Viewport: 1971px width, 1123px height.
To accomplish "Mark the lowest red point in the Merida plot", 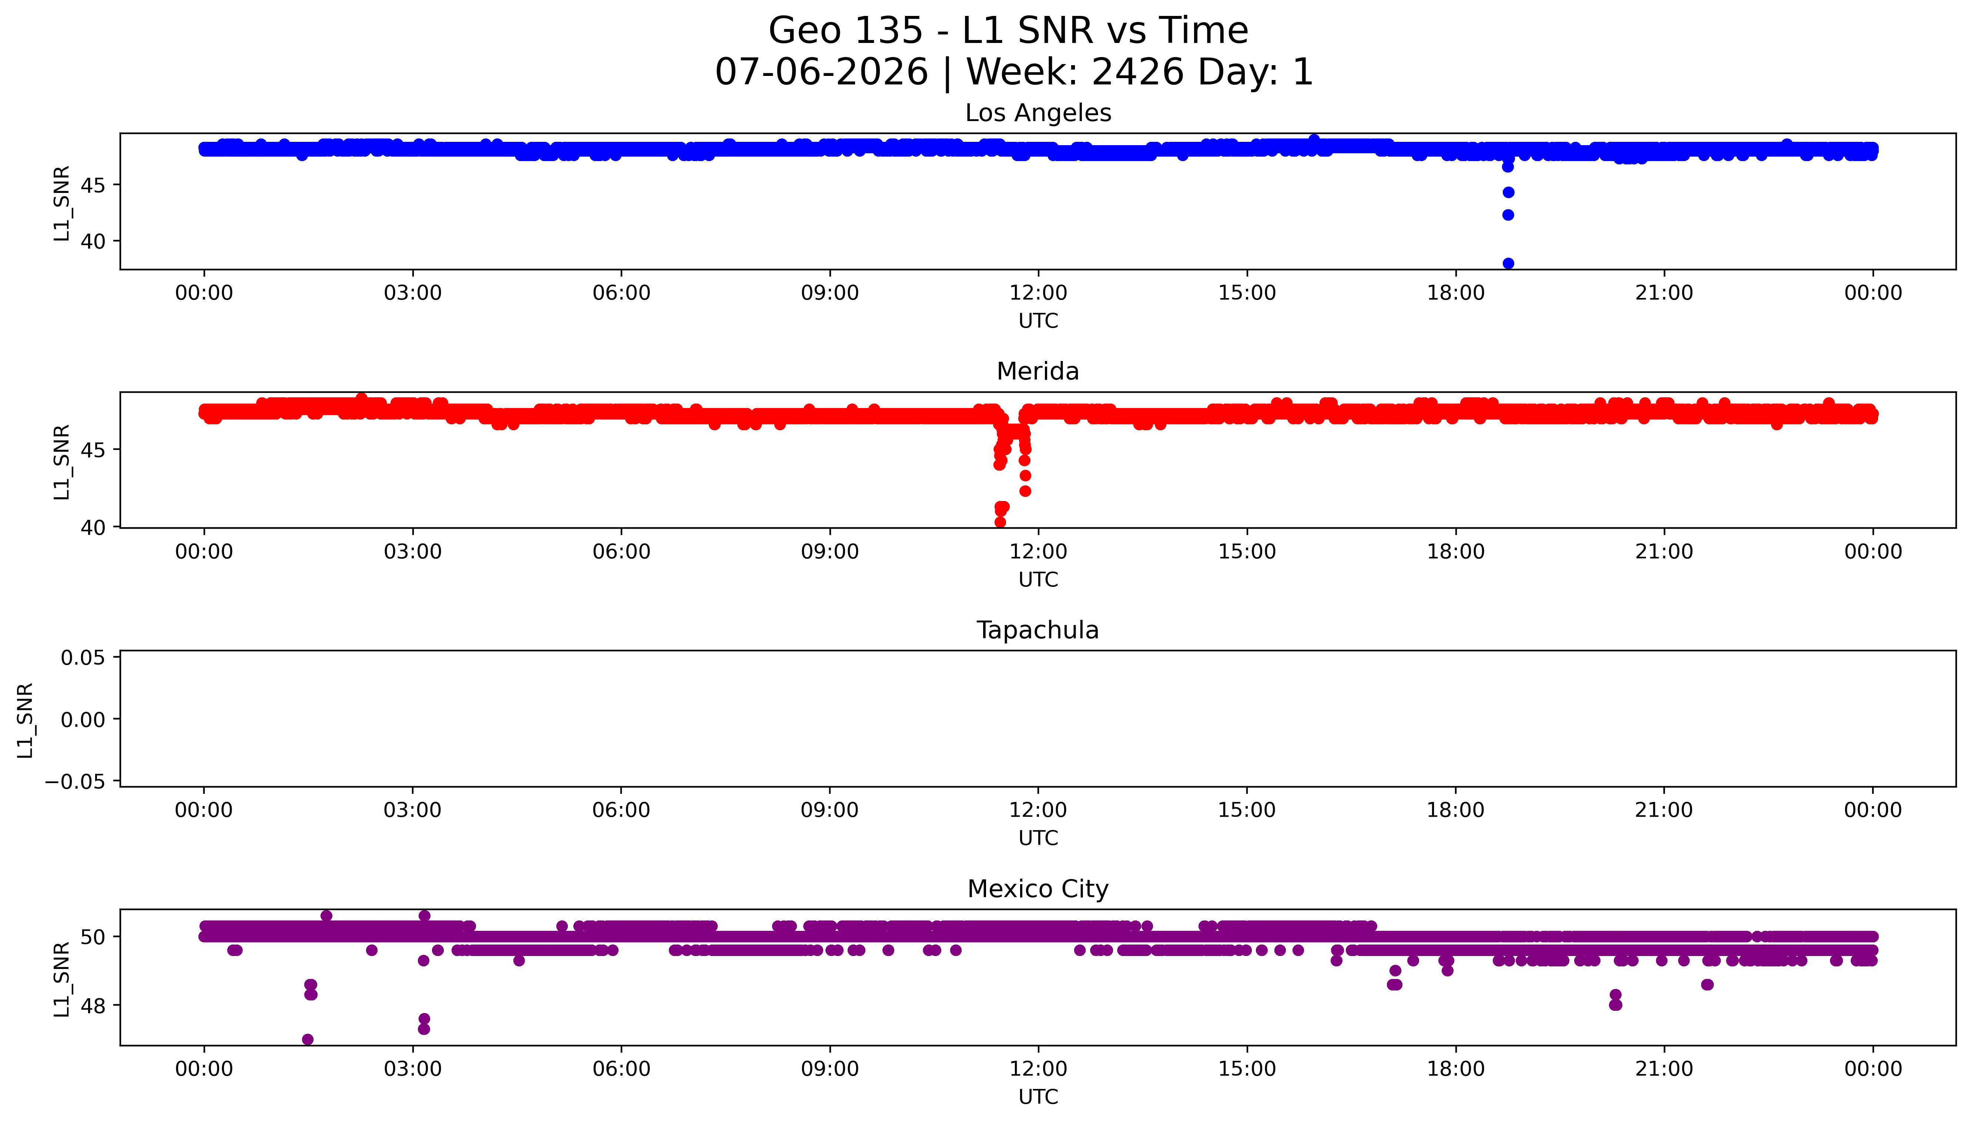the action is point(1000,522).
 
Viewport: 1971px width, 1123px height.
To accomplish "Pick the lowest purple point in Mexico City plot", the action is point(308,1040).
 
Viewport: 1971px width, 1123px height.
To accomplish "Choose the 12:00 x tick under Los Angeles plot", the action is point(1038,293).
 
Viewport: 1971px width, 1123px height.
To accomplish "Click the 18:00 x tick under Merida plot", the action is point(1455,551).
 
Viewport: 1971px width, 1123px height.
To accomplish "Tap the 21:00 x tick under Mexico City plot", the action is point(1664,1069).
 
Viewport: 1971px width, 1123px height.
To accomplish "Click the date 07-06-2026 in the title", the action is point(822,73).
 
